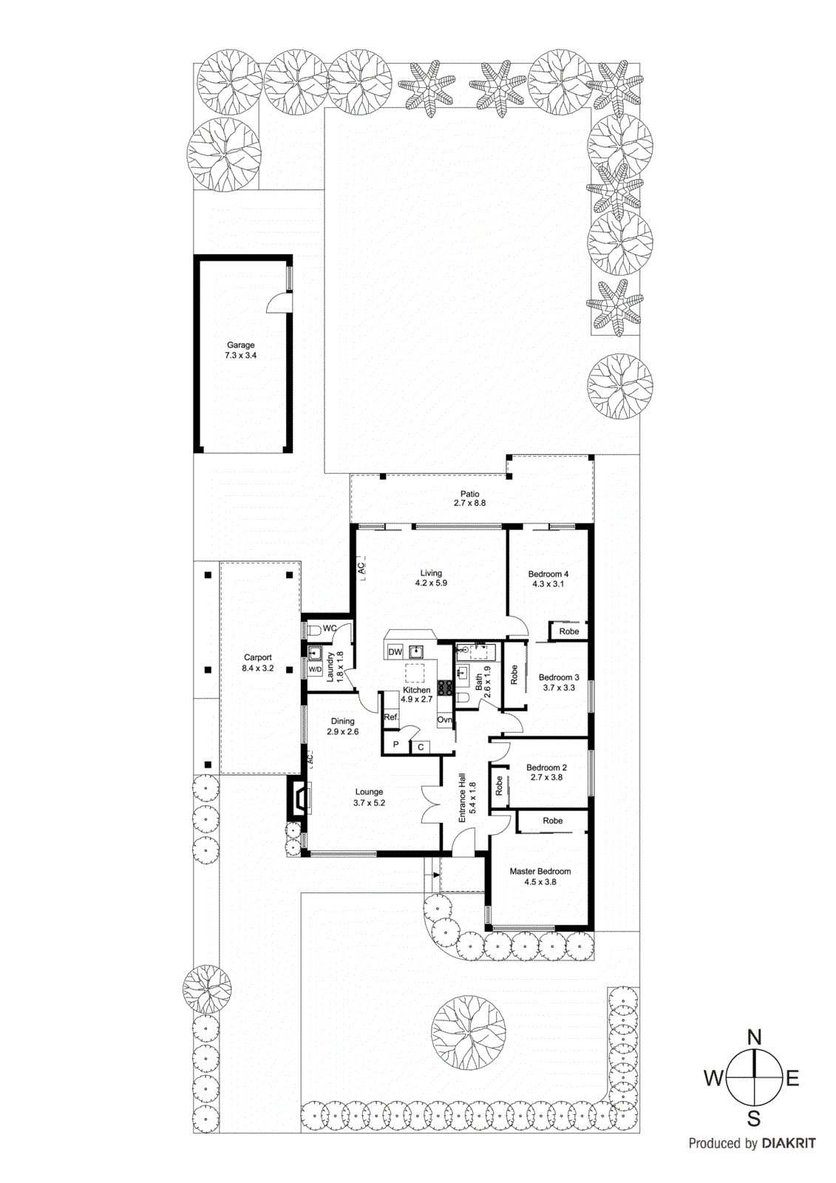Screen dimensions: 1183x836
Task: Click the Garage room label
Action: click(x=241, y=345)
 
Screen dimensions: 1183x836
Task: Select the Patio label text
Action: click(x=470, y=494)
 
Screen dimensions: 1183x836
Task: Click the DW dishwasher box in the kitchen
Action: click(x=395, y=651)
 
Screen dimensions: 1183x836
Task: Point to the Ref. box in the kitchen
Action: click(x=391, y=717)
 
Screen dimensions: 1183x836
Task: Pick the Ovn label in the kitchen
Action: click(x=444, y=719)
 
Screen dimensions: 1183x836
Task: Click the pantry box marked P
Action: click(x=396, y=745)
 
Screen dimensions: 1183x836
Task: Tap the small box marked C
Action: click(x=421, y=747)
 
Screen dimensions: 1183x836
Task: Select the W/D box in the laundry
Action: click(x=315, y=669)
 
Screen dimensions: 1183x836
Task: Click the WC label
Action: click(x=330, y=628)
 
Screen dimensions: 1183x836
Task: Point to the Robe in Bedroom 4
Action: click(x=568, y=631)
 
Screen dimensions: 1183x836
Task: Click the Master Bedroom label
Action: click(x=540, y=871)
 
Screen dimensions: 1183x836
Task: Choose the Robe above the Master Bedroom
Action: click(x=552, y=821)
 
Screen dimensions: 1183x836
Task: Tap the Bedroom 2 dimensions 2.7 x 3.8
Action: click(x=546, y=777)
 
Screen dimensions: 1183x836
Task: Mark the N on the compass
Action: click(x=754, y=1037)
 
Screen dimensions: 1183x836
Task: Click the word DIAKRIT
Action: click(x=789, y=1143)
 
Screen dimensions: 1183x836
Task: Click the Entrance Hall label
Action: click(x=462, y=798)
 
